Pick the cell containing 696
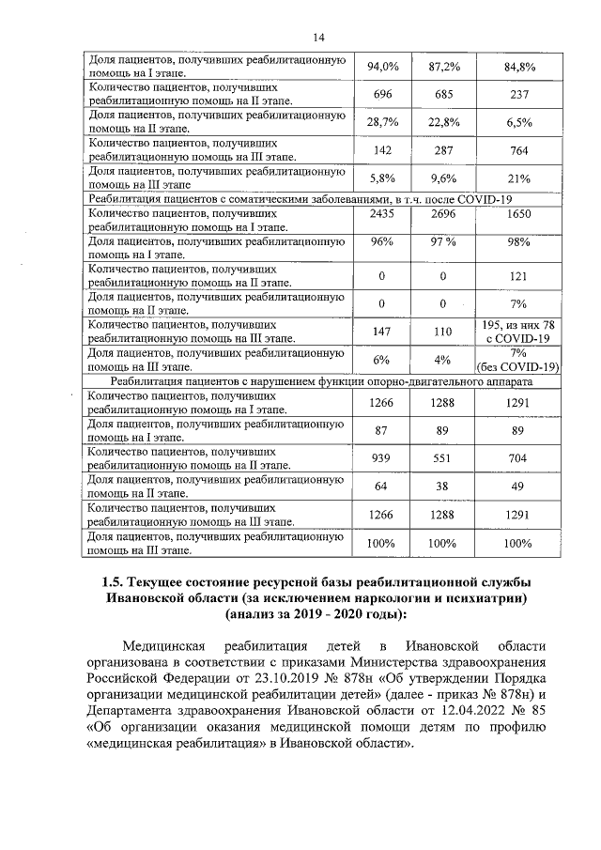point(382,95)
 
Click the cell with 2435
point(382,215)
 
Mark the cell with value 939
point(382,459)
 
